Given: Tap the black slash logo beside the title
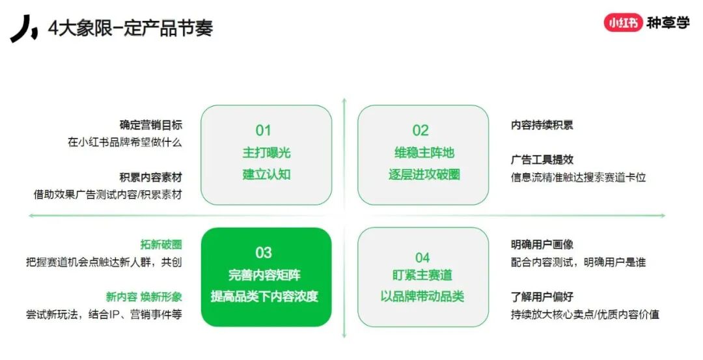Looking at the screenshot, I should [x=24, y=28].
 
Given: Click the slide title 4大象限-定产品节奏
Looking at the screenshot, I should [x=130, y=29].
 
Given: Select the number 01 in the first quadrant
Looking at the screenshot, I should [x=263, y=130].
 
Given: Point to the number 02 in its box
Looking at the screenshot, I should [x=420, y=130].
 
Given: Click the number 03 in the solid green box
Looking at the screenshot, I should [x=263, y=253].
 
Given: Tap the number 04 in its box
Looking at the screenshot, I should [x=422, y=257].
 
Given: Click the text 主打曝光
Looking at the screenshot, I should [x=266, y=153].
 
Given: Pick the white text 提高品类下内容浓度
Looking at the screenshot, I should [x=264, y=296].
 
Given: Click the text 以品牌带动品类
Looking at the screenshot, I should [x=422, y=296].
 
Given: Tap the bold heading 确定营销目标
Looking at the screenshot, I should [x=151, y=125].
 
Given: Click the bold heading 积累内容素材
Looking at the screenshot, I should [x=151, y=178].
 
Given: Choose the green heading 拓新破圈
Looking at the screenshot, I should [x=161, y=245].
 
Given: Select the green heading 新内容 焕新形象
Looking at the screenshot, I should [x=144, y=297].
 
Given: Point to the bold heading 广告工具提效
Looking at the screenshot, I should [x=542, y=159].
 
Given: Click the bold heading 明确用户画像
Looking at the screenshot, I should [x=542, y=245].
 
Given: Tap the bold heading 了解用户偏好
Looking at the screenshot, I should [x=542, y=297].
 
